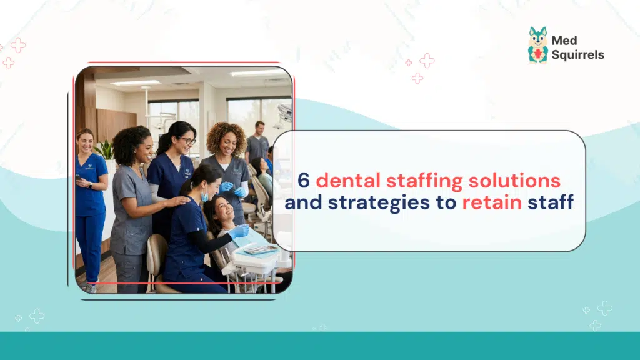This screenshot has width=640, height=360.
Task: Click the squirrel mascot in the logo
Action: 537,45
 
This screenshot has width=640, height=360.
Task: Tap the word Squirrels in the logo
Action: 577,55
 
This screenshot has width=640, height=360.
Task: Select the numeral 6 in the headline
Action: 303,181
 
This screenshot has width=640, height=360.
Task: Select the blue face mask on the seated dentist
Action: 204,196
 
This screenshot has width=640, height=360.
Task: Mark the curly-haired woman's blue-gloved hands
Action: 232,189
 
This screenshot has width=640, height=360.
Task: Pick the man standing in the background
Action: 257,142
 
